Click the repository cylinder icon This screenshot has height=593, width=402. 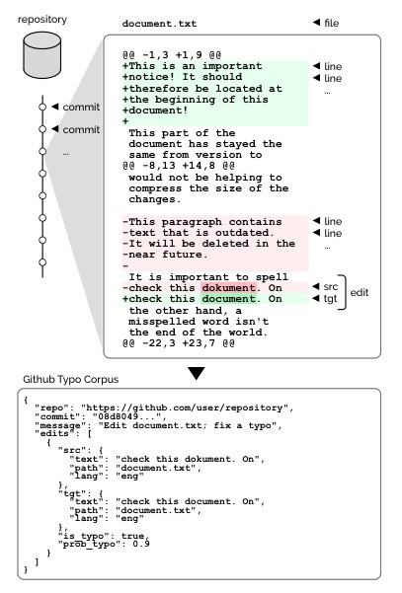42,55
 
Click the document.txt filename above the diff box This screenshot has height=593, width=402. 159,24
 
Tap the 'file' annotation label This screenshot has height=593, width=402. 332,23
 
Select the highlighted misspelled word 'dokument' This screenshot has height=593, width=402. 228,288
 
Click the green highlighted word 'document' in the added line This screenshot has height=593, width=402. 228,299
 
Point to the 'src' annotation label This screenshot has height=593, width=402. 331,287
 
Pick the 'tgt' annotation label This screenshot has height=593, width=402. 330,299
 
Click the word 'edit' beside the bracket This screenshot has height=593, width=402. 360,292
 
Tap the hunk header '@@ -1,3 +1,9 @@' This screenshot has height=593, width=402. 172,55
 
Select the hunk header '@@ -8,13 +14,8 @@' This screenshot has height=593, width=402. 179,166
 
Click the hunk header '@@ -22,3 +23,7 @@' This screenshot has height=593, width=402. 179,343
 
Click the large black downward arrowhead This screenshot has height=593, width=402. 197,373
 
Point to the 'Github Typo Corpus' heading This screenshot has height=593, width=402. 71,379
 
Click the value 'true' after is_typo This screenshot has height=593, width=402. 133,536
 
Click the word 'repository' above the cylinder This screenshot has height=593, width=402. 42,20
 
